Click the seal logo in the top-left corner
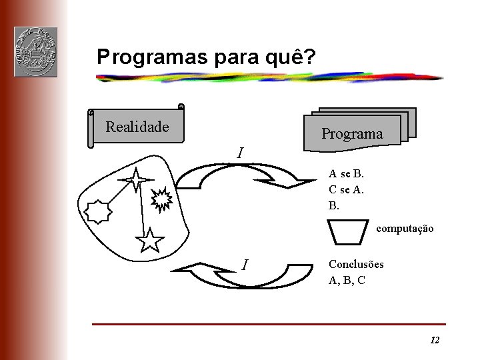tap(35, 52)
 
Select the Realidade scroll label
tap(137, 127)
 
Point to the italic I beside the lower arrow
tap(245, 265)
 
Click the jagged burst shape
tap(163, 198)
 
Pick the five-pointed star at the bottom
tap(150, 240)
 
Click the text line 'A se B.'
tap(347, 174)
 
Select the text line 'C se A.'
tap(347, 189)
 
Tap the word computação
tap(405, 229)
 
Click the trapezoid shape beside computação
tap(349, 231)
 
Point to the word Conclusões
tap(356, 265)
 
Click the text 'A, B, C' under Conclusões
tap(347, 281)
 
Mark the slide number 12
tap(435, 341)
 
